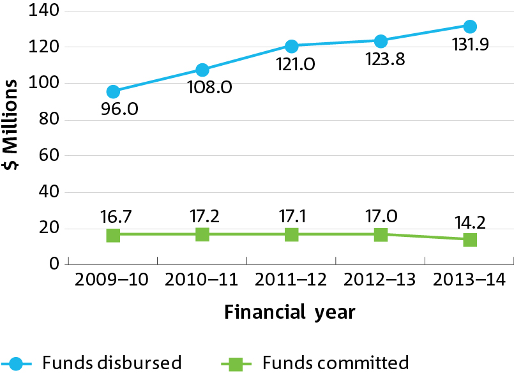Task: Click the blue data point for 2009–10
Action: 113,91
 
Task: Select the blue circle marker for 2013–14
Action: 470,27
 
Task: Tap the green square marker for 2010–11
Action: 202,234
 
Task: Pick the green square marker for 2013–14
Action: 470,240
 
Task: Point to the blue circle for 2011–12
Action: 291,46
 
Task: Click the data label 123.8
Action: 385,59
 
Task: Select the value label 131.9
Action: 471,44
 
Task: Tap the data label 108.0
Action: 210,88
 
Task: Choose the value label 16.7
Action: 116,217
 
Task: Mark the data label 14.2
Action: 470,222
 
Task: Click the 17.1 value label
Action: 292,217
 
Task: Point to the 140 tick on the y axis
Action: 43,10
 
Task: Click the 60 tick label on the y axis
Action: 49,155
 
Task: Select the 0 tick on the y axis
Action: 54,264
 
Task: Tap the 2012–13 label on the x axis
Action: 379,280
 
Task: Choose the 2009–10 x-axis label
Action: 112,280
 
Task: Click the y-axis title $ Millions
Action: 10,125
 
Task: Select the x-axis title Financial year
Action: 290,312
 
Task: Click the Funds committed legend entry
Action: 315,363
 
